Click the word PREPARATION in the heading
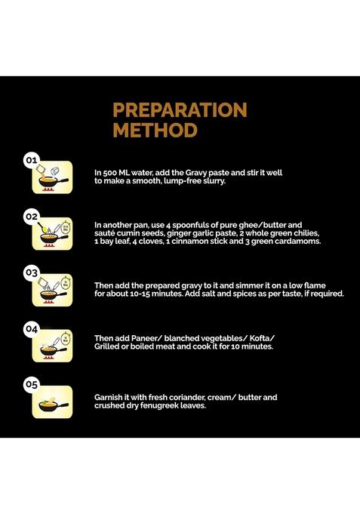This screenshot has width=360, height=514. (x=180, y=109)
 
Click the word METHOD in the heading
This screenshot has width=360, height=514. (x=155, y=130)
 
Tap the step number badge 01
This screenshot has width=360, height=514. (x=32, y=160)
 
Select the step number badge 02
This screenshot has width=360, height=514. (x=32, y=217)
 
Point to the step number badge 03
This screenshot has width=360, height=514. (x=32, y=272)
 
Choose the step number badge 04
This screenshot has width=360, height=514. (x=32, y=329)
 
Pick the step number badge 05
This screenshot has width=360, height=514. (x=32, y=384)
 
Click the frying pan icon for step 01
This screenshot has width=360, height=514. (x=53, y=180)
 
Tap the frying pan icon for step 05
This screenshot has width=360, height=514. (x=53, y=405)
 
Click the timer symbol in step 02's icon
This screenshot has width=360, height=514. (x=66, y=226)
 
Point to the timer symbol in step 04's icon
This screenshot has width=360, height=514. (x=66, y=339)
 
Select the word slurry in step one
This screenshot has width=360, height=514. (x=214, y=181)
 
